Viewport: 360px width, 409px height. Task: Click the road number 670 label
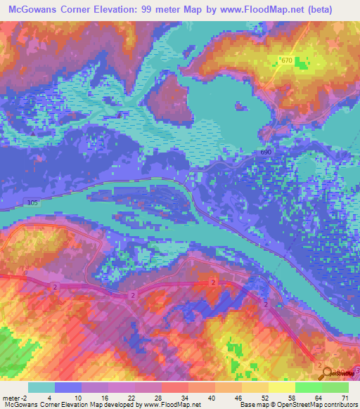(x=285, y=61)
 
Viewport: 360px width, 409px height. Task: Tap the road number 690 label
(x=264, y=152)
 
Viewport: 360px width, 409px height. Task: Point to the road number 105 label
(x=32, y=203)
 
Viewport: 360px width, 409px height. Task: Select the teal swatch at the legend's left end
(x=41, y=387)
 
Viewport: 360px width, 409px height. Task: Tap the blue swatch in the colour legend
(x=68, y=387)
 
